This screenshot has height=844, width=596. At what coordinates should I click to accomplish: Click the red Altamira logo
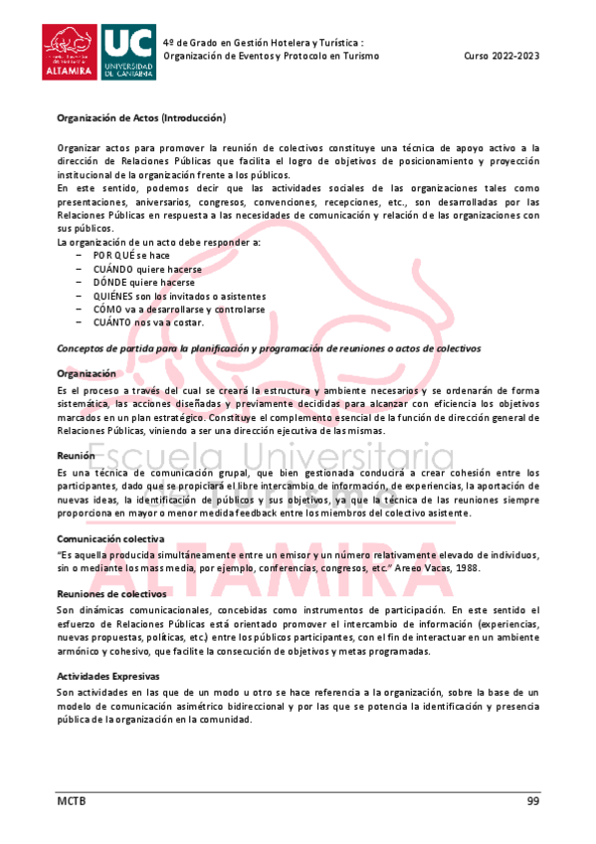pos(71,52)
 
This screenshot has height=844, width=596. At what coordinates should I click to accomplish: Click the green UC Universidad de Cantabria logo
pos(128,52)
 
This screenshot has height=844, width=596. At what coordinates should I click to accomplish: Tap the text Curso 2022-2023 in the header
pos(501,57)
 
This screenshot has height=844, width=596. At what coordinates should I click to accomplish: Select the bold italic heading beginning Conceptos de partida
pos(269,348)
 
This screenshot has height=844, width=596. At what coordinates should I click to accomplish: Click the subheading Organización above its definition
pos(88,373)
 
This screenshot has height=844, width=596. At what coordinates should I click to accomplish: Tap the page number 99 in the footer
pos(532,801)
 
